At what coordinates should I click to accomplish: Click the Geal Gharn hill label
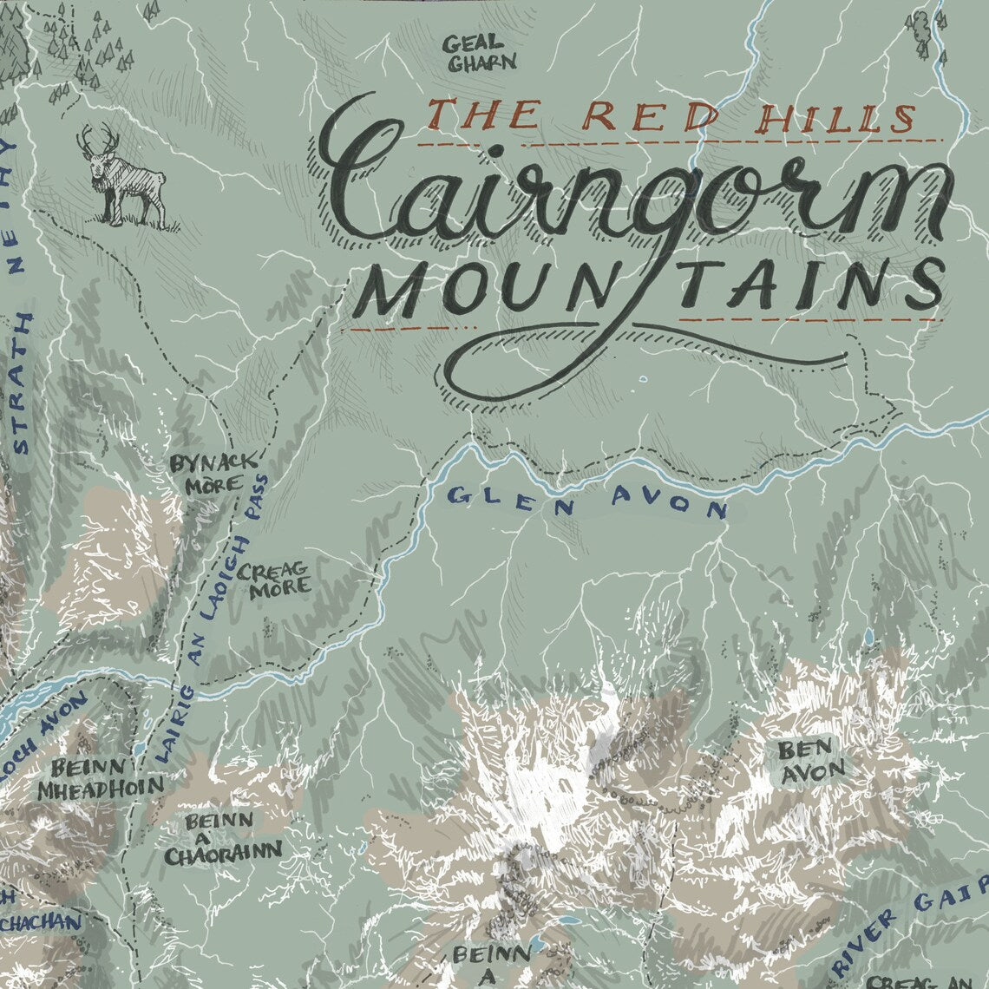479,52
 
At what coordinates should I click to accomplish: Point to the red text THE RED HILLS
671,116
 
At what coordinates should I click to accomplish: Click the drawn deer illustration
126,178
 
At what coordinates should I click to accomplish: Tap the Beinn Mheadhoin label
100,778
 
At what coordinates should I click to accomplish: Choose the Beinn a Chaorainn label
222,838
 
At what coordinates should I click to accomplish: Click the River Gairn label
911,933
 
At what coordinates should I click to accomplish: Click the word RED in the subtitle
637,116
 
